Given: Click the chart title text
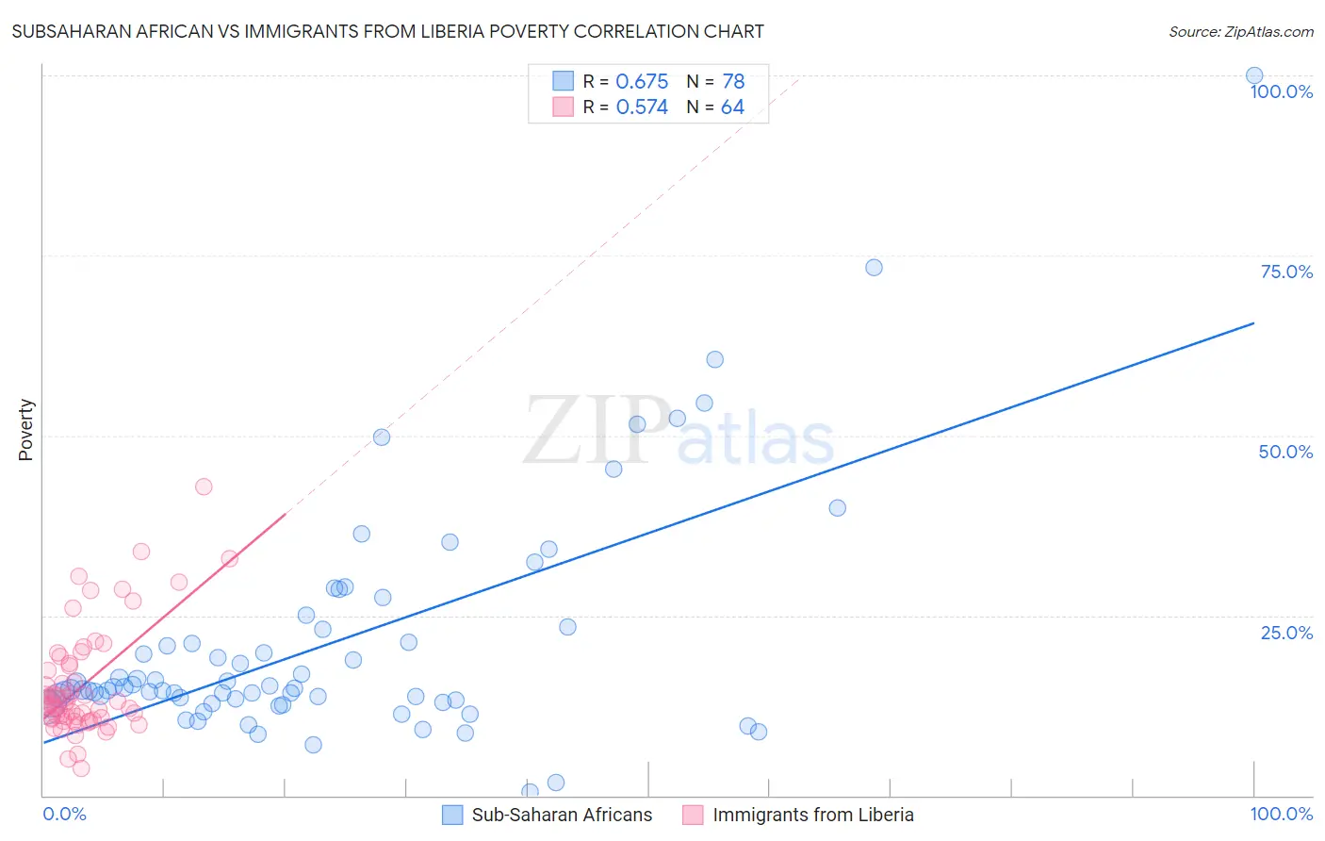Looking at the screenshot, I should pyautogui.click(x=387, y=31).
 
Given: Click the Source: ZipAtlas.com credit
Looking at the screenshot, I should pyautogui.click(x=1240, y=31).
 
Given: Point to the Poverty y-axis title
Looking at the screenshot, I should pyautogui.click(x=25, y=430).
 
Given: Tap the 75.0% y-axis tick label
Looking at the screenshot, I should pyautogui.click(x=1286, y=272).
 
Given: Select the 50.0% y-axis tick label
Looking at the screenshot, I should pyautogui.click(x=1285, y=452).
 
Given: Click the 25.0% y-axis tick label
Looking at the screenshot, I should pyautogui.click(x=1286, y=633).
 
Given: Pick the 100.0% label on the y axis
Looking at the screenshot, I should pyautogui.click(x=1281, y=91).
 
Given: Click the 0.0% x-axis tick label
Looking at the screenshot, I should pyautogui.click(x=64, y=814).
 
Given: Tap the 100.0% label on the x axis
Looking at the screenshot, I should pyautogui.click(x=1281, y=814).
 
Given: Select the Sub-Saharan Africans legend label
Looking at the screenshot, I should pyautogui.click(x=562, y=815).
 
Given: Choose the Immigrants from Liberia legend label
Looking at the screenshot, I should pyautogui.click(x=812, y=815).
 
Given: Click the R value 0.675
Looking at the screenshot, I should pyautogui.click(x=642, y=82).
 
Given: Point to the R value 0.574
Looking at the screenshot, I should pyautogui.click(x=642, y=107).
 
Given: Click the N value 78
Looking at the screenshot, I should pyautogui.click(x=733, y=82).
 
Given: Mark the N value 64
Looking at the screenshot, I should pyautogui.click(x=732, y=107).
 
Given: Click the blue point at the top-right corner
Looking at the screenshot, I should pyautogui.click(x=1254, y=75).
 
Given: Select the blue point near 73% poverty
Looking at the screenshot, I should pyautogui.click(x=874, y=268).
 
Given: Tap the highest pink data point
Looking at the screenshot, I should pyautogui.click(x=204, y=486).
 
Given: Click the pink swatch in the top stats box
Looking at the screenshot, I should pyautogui.click(x=563, y=107).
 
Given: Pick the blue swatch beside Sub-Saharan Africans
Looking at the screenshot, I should pyautogui.click(x=452, y=815).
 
